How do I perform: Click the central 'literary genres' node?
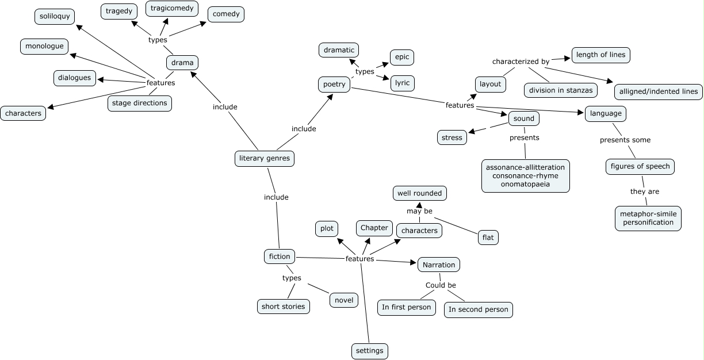pyautogui.click(x=265, y=158)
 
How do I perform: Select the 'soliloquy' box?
pyautogui.click(x=55, y=16)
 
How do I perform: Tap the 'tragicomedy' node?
pyautogui.click(x=172, y=9)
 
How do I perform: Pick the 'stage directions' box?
pyautogui.click(x=139, y=103)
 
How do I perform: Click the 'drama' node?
pyautogui.click(x=182, y=63)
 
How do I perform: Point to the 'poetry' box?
pyautogui.click(x=334, y=85)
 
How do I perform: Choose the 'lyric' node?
pyautogui.click(x=402, y=83)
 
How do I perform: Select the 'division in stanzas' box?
pyautogui.click(x=561, y=90)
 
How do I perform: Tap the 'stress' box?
pyautogui.click(x=452, y=137)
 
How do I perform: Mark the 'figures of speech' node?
pyautogui.click(x=640, y=167)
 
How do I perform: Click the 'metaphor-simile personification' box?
pyautogui.click(x=648, y=218)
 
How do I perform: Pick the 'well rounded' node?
pyautogui.click(x=419, y=193)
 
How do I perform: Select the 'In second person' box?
pyautogui.click(x=478, y=309)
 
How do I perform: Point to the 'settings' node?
pyautogui.click(x=370, y=350)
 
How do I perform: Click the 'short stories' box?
pyautogui.click(x=283, y=306)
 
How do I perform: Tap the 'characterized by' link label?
pyautogui.click(x=521, y=61)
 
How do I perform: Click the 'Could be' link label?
pyautogui.click(x=441, y=285)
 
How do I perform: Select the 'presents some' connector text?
pyautogui.click(x=625, y=140)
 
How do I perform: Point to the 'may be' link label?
pyautogui.click(x=419, y=211)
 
